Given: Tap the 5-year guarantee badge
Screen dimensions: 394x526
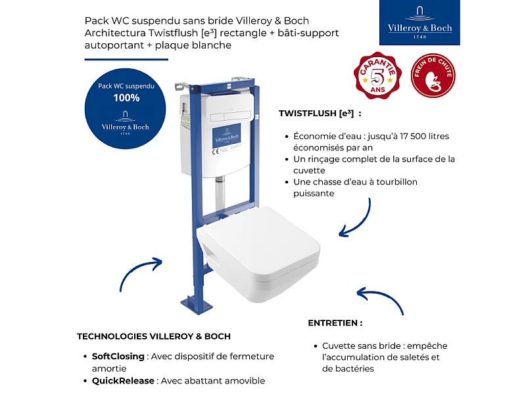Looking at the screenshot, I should click(378, 76).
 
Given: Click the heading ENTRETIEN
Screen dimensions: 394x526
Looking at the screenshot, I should click(335, 323).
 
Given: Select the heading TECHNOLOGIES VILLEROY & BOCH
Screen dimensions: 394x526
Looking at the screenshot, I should click(154, 336).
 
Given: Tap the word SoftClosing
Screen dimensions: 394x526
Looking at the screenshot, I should click(118, 357).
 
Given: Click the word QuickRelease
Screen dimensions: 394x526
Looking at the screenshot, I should click(123, 381).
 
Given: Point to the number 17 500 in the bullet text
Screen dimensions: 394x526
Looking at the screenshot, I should click(414, 137).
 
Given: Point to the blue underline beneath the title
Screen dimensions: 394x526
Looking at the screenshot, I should click(122, 59).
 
